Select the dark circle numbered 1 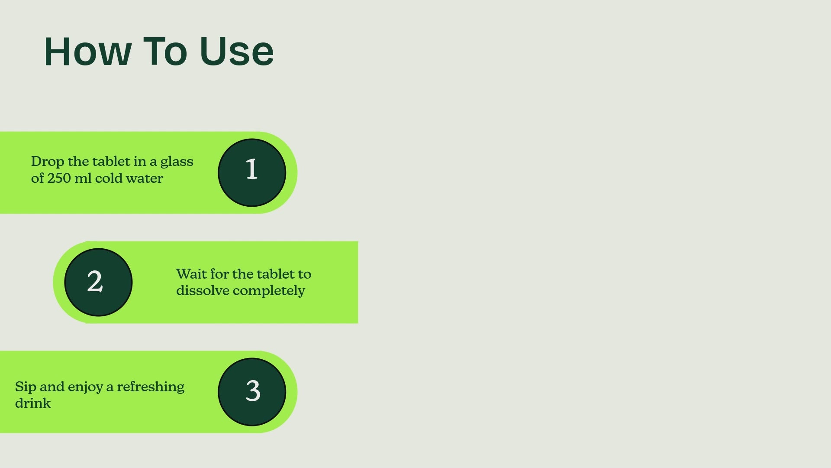pos(252,172)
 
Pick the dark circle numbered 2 pos(98,282)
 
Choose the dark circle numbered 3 pos(252,392)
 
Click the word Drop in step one pos(48,162)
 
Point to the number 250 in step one pos(59,178)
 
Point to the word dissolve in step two pos(203,290)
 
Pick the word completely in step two pos(269,291)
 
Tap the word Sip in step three pos(26,387)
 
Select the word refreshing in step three pos(151,387)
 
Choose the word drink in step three pos(33,403)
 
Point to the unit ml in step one pos(83,178)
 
